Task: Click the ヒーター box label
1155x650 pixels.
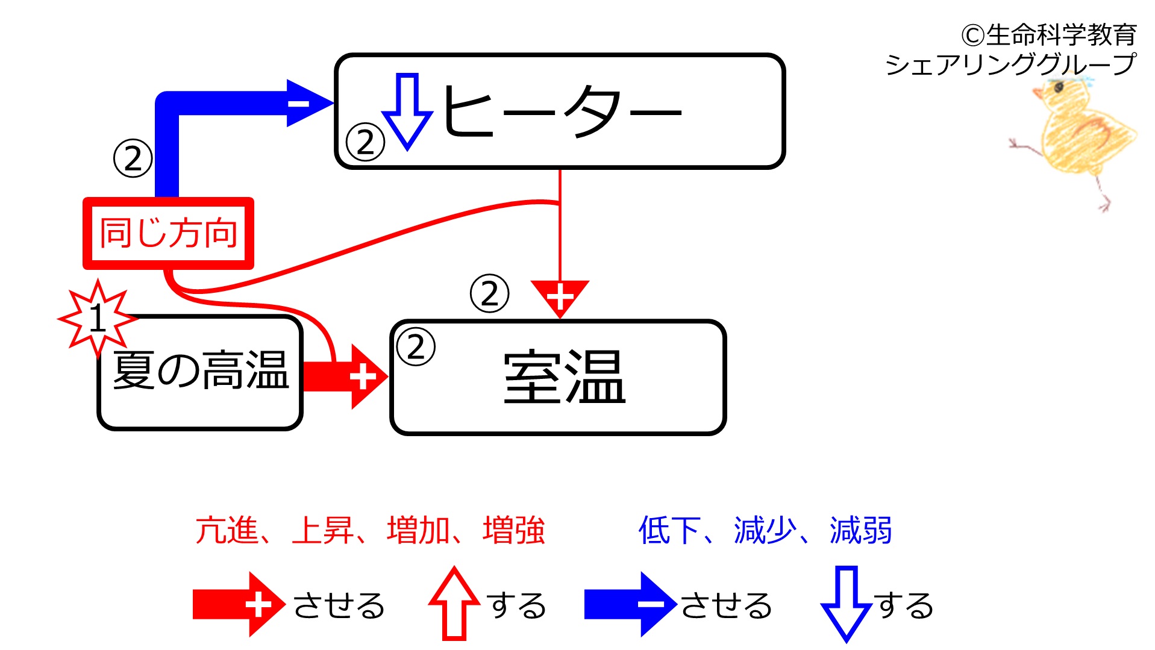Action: pyautogui.click(x=562, y=111)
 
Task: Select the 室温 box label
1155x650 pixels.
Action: pyautogui.click(x=565, y=378)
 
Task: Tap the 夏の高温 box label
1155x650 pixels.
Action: pyautogui.click(x=201, y=370)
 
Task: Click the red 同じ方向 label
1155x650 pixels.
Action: pyautogui.click(x=169, y=233)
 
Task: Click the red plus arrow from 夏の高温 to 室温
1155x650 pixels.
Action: pyautogui.click(x=345, y=377)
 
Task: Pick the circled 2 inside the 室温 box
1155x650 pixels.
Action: pyautogui.click(x=416, y=347)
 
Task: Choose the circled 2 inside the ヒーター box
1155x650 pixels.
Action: pyautogui.click(x=365, y=142)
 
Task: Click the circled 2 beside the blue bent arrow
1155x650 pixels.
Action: pyautogui.click(x=133, y=158)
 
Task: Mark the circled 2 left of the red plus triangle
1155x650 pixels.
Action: pyautogui.click(x=489, y=294)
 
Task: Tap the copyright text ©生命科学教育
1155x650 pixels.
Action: pyautogui.click(x=1049, y=35)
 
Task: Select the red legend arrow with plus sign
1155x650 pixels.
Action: pyautogui.click(x=239, y=604)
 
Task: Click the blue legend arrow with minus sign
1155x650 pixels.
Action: pyautogui.click(x=631, y=604)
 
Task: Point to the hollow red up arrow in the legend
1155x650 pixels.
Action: pyautogui.click(x=454, y=603)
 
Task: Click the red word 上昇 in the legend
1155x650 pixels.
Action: pyautogui.click(x=322, y=531)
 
